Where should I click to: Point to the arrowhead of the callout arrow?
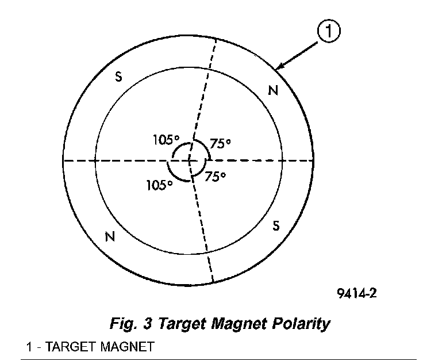coord(276,70)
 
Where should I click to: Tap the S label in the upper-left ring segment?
coord(118,78)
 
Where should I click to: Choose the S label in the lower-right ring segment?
coord(276,226)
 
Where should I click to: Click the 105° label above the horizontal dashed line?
coord(167,139)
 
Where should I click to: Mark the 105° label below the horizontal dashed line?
coord(160,185)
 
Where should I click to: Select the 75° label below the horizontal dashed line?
coord(215,177)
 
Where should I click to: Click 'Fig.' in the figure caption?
coord(121,324)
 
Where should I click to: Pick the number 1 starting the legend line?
coord(29,347)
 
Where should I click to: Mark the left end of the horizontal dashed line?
coord(63,160)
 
